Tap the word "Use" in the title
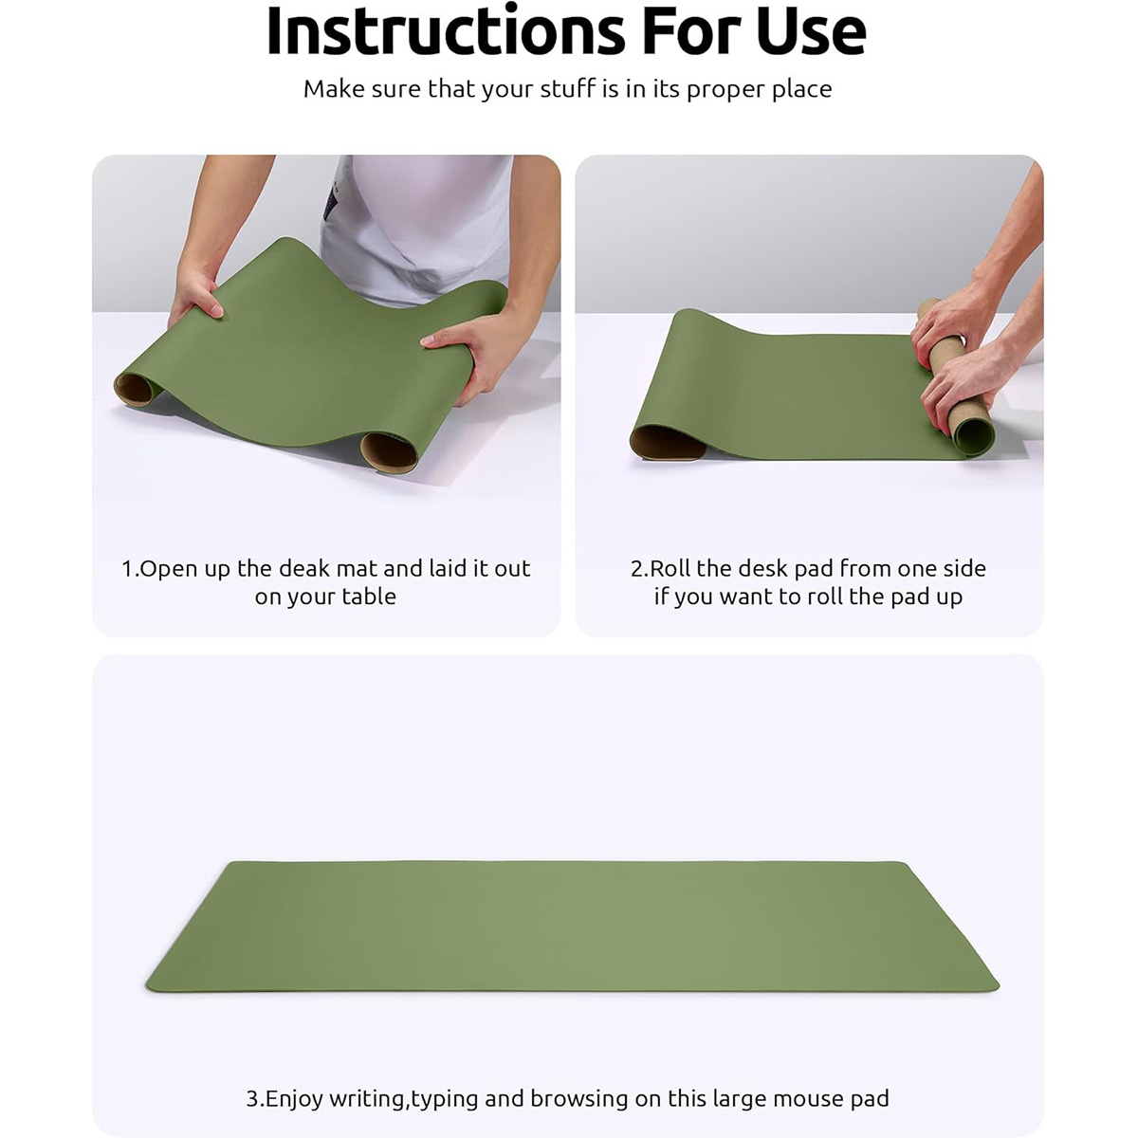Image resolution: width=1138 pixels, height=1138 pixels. click(x=811, y=30)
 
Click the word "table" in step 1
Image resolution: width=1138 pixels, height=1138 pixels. click(x=369, y=597)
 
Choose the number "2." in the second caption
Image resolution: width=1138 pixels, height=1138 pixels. click(x=639, y=569)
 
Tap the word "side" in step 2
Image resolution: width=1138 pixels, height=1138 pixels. click(x=964, y=569)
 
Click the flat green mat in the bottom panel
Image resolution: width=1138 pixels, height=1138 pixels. click(x=572, y=927)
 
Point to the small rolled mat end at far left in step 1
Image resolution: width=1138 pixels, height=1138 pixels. click(x=136, y=389)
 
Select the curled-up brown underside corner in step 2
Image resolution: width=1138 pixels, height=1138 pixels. click(x=668, y=443)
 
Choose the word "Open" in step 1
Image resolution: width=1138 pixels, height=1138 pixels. click(x=168, y=569)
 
